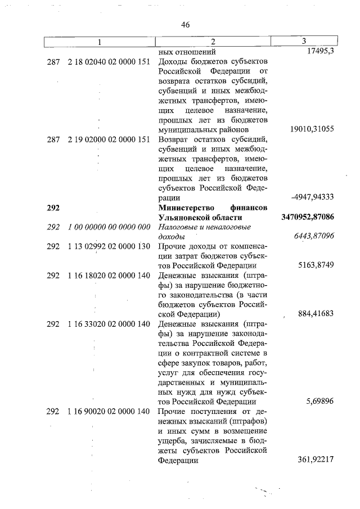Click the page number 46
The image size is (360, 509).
pyautogui.click(x=186, y=24)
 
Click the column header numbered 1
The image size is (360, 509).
pyautogui.click(x=100, y=42)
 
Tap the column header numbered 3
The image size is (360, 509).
pyautogui.click(x=304, y=41)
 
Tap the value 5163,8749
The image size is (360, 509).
pyautogui.click(x=317, y=265)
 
